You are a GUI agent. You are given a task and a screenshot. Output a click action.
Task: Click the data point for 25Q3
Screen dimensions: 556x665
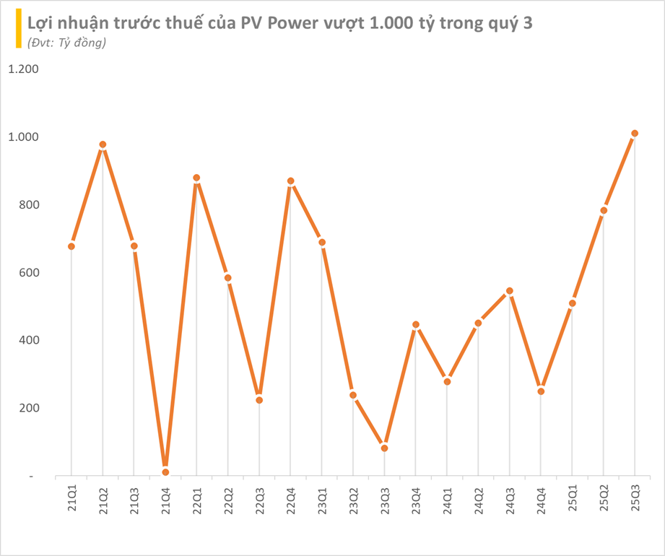(x=635, y=134)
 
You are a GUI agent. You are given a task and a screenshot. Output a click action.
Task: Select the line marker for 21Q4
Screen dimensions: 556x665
(x=165, y=472)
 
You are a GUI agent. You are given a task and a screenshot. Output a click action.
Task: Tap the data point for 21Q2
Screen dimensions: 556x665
(x=103, y=144)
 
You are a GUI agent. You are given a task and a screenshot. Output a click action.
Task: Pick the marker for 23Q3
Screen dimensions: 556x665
(x=384, y=448)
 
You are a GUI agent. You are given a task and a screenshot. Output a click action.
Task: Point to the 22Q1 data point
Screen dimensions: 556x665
(x=196, y=178)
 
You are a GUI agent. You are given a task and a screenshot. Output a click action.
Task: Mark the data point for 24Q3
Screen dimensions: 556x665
(x=510, y=291)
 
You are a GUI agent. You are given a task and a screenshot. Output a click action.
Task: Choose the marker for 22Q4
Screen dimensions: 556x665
(x=290, y=181)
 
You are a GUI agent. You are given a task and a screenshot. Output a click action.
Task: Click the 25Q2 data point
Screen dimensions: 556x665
(x=604, y=211)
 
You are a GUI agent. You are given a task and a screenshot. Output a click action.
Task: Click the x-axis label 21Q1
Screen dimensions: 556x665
(x=71, y=496)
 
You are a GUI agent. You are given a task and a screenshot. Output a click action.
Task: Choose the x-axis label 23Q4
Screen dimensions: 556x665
(x=416, y=496)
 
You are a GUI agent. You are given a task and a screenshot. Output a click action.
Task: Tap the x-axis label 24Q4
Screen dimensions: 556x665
(x=541, y=496)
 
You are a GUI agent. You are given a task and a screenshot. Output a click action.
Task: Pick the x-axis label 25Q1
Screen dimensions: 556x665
(x=573, y=496)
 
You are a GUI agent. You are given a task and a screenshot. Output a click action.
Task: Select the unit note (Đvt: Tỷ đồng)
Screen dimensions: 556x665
(x=66, y=43)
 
